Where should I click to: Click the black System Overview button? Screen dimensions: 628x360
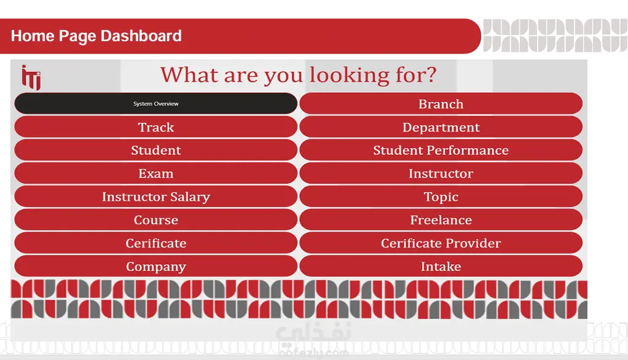click(156, 103)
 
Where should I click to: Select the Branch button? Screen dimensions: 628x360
click(441, 104)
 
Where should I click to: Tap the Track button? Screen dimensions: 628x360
click(156, 127)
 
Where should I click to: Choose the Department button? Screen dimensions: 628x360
click(441, 127)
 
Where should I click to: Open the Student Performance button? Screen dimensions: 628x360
click(441, 150)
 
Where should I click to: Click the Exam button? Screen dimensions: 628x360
click(156, 173)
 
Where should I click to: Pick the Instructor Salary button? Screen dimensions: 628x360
click(156, 197)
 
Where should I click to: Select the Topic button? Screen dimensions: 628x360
click(441, 197)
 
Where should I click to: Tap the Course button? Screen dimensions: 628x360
click(156, 220)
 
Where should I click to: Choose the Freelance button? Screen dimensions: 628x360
click(441, 220)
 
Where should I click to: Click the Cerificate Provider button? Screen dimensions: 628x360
click(441, 243)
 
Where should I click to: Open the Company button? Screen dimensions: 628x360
click(156, 266)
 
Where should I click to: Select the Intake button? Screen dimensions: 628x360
click(441, 266)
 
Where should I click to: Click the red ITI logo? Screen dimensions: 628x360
click(31, 77)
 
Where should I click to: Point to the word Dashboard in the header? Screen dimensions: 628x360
click(141, 36)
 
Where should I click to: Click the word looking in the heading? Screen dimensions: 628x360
click(349, 76)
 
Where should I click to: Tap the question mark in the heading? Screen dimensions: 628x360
click(431, 74)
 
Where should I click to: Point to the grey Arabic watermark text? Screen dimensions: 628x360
click(313, 332)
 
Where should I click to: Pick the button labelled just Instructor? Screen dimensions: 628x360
click(441, 173)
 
